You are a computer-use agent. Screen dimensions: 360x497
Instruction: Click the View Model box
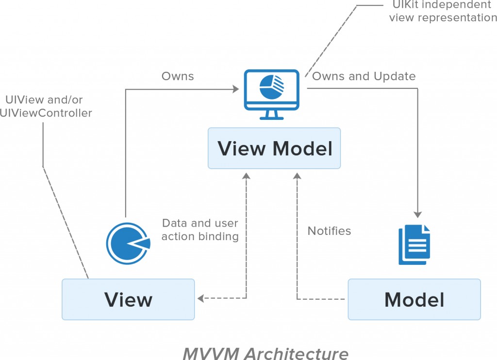274,148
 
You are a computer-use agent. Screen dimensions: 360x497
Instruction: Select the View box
128,299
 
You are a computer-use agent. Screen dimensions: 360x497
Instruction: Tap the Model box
414,299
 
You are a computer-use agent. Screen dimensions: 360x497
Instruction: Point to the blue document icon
414,245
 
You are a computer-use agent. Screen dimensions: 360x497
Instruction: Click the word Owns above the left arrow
178,76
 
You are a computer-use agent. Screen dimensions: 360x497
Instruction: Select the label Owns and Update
364,76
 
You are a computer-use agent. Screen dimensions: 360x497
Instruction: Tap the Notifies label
329,231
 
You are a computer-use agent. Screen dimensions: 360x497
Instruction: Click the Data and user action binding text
200,229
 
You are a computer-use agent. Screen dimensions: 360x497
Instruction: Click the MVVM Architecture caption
265,353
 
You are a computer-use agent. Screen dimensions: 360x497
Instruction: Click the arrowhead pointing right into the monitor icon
236,89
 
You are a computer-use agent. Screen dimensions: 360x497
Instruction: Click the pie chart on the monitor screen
271,87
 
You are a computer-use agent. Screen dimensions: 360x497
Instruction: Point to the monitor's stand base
272,117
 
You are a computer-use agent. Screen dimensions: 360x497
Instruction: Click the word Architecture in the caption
296,353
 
